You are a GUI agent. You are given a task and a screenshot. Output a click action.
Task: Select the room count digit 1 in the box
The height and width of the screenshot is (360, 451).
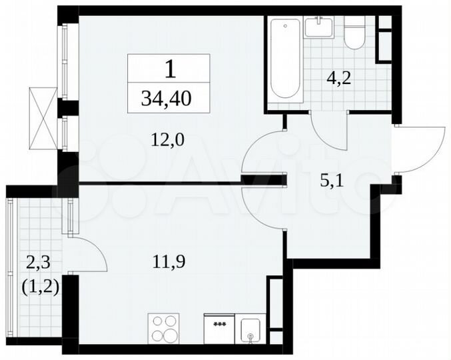click(170, 68)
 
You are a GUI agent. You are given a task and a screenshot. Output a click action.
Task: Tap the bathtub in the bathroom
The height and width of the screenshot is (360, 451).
click(286, 60)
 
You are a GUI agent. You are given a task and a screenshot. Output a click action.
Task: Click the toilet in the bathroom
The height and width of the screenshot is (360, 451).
click(354, 34)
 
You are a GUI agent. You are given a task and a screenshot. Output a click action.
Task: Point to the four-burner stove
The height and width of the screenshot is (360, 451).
click(163, 328)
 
